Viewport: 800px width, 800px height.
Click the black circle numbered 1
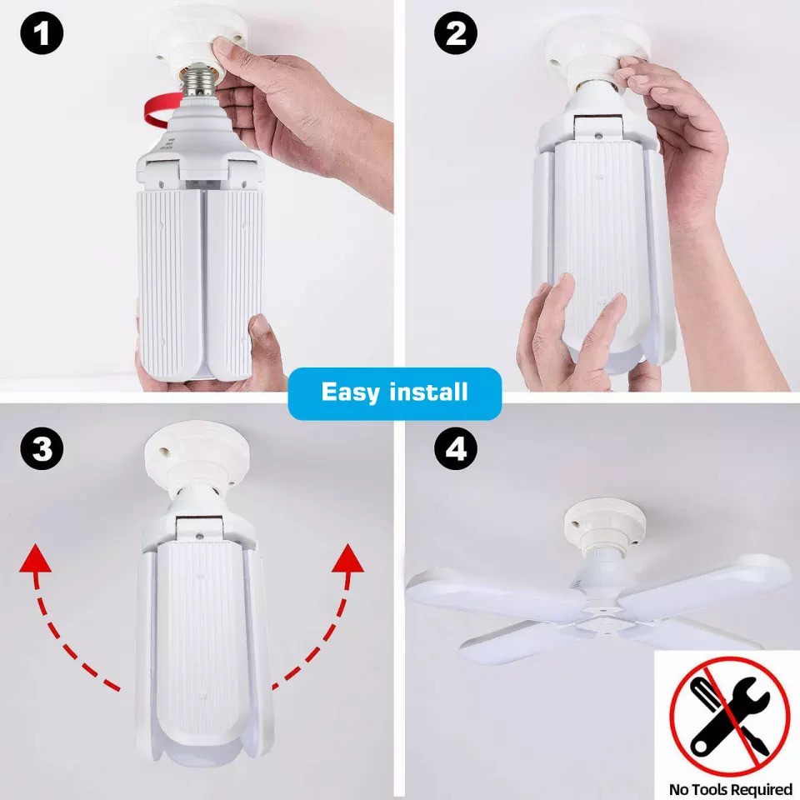coord(42,33)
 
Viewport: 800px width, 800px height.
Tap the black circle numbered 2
coord(456,33)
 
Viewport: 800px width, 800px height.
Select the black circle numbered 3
coord(42,449)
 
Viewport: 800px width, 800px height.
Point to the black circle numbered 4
coord(456,449)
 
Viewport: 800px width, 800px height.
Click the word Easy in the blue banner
coord(351,392)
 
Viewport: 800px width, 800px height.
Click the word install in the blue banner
coord(428,392)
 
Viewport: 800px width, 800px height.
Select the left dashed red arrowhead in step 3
coord(35,557)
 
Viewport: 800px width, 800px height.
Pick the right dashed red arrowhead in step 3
coord(348,557)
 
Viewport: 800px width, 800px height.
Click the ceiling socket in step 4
coord(604,526)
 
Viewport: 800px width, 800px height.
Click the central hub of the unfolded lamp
coord(601,615)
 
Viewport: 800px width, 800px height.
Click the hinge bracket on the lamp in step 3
coord(200,528)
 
